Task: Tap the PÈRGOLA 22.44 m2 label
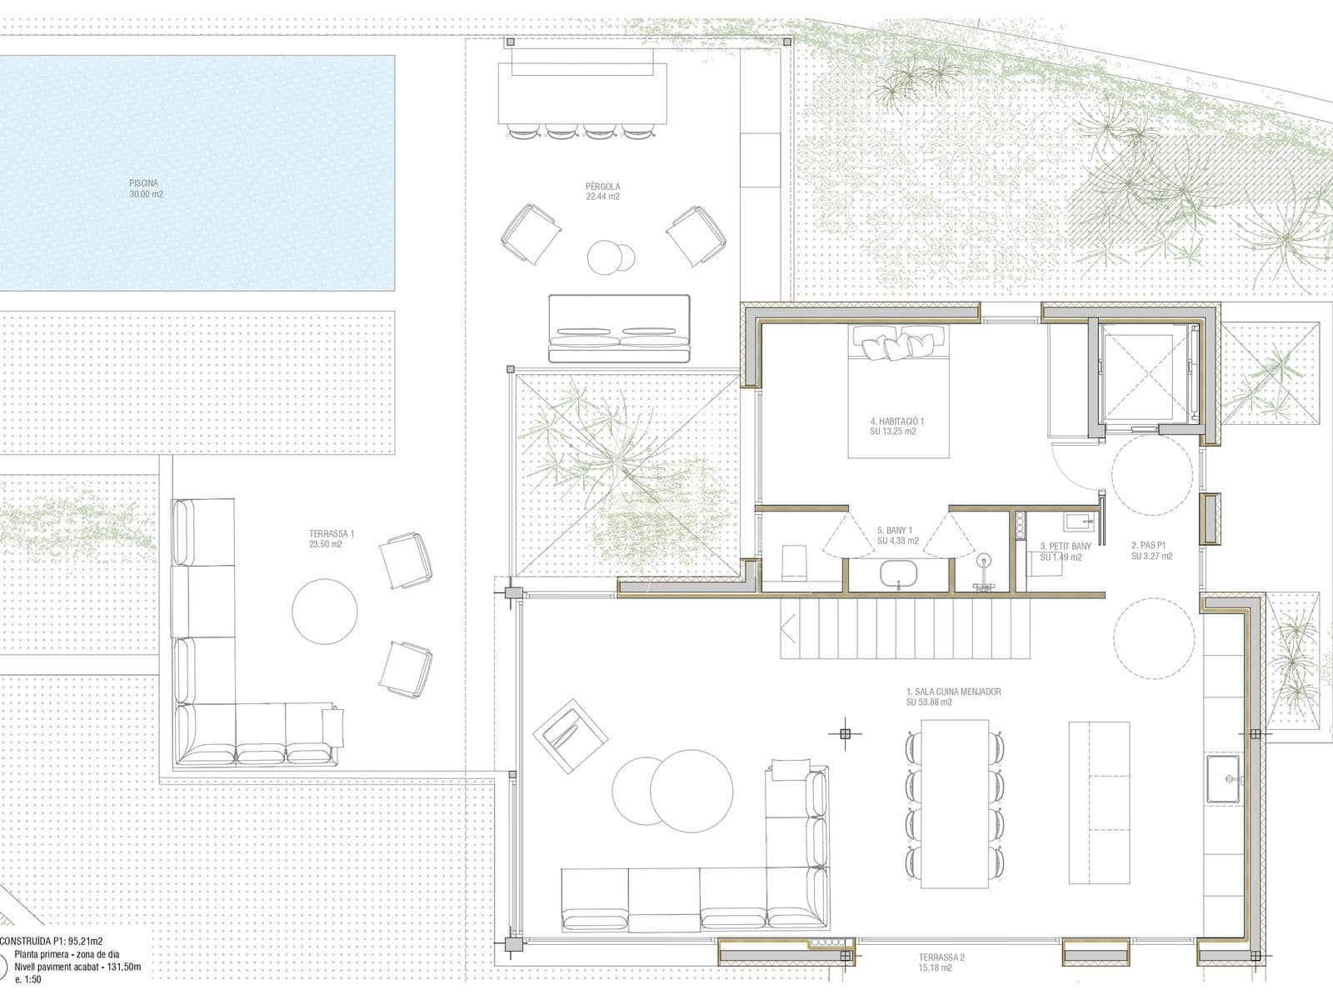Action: tap(602, 192)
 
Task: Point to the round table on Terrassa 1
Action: tap(324, 612)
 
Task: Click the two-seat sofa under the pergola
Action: tap(620, 328)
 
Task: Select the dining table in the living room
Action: tap(955, 804)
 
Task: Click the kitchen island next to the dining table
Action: tap(1099, 802)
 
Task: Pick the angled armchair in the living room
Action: tap(570, 736)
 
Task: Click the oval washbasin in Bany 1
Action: tap(899, 575)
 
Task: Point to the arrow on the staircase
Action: tap(788, 629)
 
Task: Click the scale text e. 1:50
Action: tap(28, 979)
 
